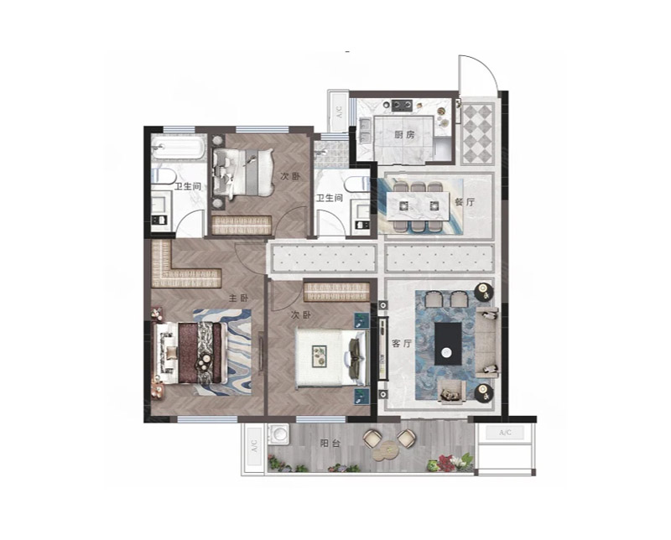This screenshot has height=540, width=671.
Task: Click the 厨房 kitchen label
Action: pyautogui.click(x=404, y=135)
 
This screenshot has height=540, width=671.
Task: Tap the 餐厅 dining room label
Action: pyautogui.click(x=465, y=202)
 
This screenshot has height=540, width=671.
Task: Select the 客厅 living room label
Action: pyautogui.click(x=402, y=343)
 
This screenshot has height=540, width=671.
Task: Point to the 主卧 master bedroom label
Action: pyautogui.click(x=238, y=299)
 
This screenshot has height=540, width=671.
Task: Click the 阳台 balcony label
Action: pyautogui.click(x=330, y=444)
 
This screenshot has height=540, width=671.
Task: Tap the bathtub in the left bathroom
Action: pyautogui.click(x=179, y=148)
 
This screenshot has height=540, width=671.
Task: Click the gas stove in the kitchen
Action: pyautogui.click(x=402, y=105)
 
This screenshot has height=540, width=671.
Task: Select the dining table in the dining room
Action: pyautogui.click(x=418, y=206)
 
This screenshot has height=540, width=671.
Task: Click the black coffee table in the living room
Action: pyautogui.click(x=448, y=344)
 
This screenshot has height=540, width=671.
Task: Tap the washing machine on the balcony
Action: pyautogui.click(x=278, y=433)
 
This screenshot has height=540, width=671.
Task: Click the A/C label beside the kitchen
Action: pyautogui.click(x=340, y=112)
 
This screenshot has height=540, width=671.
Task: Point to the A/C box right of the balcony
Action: pyautogui.click(x=505, y=433)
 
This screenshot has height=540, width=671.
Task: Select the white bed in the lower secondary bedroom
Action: pyautogui.click(x=332, y=358)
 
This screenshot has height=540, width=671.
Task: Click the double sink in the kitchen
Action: pyautogui.click(x=365, y=131)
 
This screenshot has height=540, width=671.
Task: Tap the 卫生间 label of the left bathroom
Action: pyautogui.click(x=188, y=186)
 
